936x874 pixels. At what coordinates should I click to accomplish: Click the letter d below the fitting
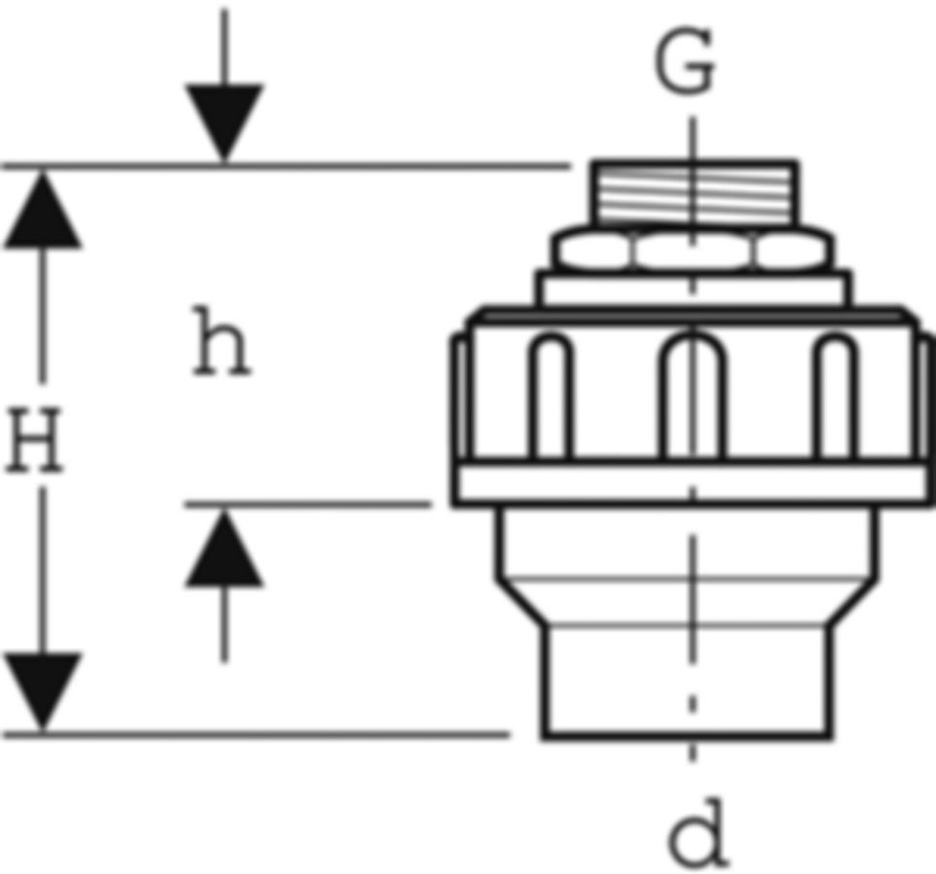tap(698, 832)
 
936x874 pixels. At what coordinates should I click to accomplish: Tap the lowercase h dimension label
tap(220, 341)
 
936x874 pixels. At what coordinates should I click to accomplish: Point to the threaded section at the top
tap(693, 193)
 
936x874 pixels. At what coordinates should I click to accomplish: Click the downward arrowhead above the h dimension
tap(224, 123)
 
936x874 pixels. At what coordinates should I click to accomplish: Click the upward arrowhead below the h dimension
tap(224, 548)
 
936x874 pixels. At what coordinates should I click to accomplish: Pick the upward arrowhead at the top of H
tap(43, 209)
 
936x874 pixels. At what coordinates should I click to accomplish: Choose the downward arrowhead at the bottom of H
tap(43, 691)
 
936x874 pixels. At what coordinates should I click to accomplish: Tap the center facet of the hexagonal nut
tap(692, 251)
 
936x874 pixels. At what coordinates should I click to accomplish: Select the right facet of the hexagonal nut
tap(791, 251)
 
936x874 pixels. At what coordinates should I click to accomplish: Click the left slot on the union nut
tap(550, 396)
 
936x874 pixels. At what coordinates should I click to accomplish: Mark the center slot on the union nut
tap(692, 396)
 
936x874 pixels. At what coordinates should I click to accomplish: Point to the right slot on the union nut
tap(836, 396)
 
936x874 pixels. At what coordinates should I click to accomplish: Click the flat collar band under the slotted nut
tap(692, 483)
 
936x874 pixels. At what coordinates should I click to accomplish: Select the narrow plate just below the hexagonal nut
tap(693, 289)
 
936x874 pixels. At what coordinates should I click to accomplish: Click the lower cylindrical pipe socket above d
tap(687, 682)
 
